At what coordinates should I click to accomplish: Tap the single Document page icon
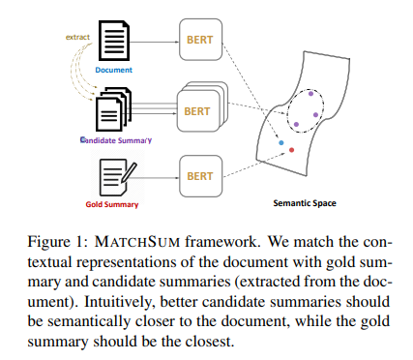pos(115,45)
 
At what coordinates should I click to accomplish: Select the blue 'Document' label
pos(115,71)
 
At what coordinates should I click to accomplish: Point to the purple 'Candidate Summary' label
pos(115,141)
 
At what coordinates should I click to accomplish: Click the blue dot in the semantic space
pos(281,142)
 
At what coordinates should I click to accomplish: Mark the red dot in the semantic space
pos(291,150)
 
